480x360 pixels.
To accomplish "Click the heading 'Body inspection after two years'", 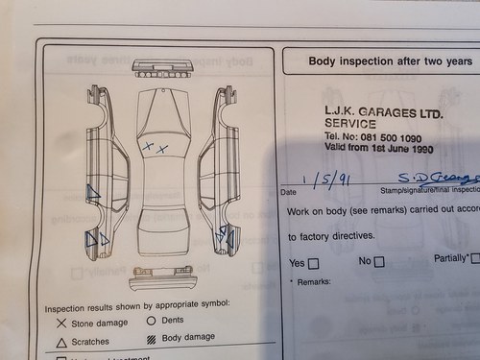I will pos(390,60).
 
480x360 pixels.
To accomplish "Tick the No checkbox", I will pos(379,262).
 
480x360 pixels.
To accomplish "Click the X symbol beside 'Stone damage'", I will pos(61,324).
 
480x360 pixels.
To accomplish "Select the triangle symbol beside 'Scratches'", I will pos(61,342).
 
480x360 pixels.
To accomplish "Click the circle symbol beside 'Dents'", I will pos(151,321).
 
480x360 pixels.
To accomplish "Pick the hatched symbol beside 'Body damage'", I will pos(151,339).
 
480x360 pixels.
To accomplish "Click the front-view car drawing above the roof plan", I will pos(162,69).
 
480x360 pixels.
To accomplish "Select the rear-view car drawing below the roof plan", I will pos(162,278).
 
